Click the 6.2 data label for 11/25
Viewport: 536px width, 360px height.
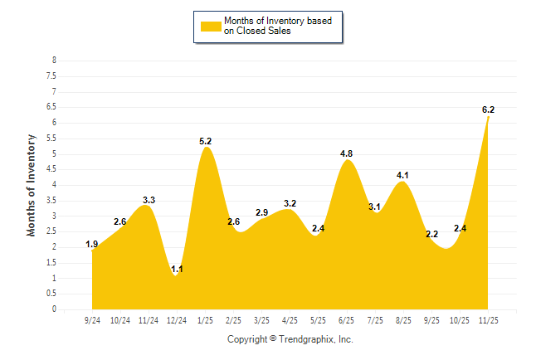[488, 109]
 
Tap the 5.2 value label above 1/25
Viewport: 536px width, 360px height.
[206, 141]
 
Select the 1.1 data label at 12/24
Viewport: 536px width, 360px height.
[176, 269]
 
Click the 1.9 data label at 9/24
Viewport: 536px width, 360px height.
[92, 244]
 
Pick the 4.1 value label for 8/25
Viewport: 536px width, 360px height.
[403, 175]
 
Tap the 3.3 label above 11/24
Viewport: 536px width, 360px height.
[149, 200]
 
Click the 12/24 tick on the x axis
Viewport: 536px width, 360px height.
[177, 319]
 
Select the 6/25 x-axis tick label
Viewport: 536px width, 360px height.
[347, 319]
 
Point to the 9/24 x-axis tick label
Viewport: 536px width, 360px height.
[92, 319]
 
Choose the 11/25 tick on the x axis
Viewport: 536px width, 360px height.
[488, 319]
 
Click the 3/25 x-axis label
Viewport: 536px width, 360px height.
[262, 319]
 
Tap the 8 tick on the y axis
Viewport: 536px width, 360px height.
[54, 61]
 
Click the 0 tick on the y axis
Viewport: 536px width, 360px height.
[54, 309]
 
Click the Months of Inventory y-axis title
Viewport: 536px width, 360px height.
[32, 185]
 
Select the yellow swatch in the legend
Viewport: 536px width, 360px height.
[211, 27]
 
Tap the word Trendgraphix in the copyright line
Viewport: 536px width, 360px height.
[306, 339]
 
